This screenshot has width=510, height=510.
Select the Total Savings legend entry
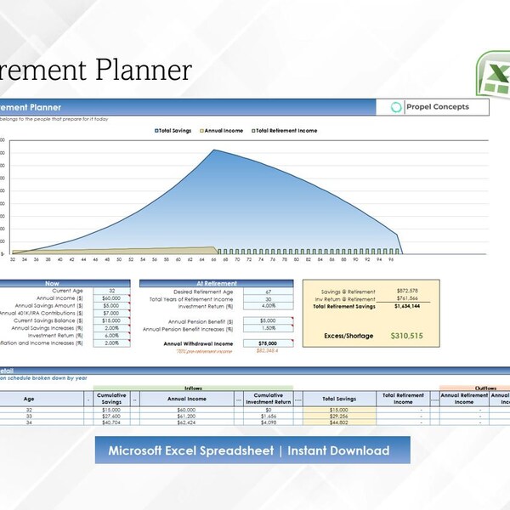click(x=174, y=131)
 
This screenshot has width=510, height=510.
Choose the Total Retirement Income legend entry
click(x=284, y=131)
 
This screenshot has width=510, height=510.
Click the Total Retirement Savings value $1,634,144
click(x=410, y=306)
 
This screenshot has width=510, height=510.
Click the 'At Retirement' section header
click(x=216, y=283)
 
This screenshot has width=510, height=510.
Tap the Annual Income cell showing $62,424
click(x=190, y=422)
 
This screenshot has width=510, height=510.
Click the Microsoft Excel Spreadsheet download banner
click(x=252, y=450)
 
